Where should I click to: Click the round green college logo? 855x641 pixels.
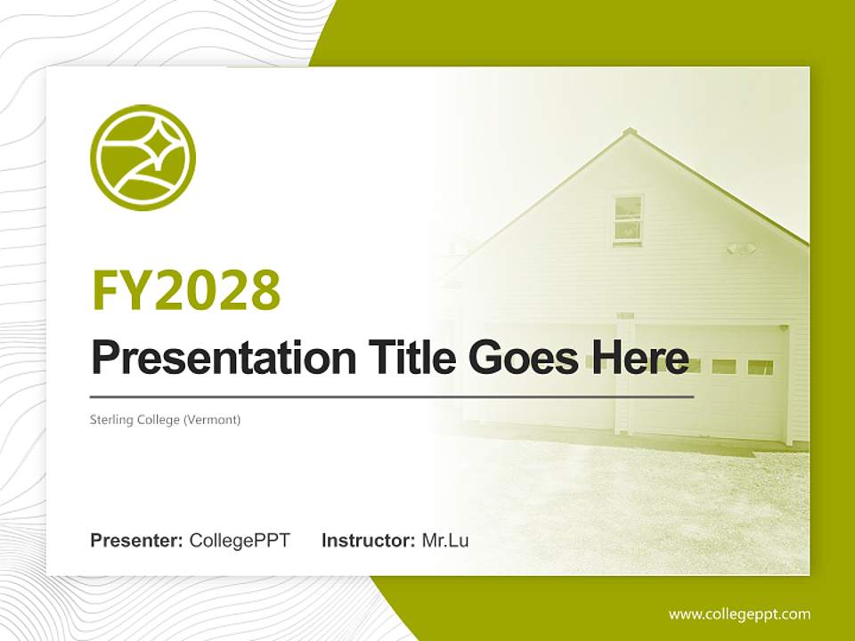coord(142,158)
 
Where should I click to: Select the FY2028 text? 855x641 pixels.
coord(186,289)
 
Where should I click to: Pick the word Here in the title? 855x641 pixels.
coord(638,357)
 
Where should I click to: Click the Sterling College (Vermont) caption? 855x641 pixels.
coord(166,418)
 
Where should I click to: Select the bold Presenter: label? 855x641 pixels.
coord(137,540)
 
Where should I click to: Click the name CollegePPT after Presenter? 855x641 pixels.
coord(240,540)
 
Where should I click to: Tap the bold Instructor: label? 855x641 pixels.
coord(368,540)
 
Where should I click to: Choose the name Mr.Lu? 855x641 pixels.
coord(445,540)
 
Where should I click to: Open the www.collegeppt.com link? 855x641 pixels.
coord(739,613)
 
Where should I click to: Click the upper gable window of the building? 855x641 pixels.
coord(628,219)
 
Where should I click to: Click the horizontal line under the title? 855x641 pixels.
coord(392,396)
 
